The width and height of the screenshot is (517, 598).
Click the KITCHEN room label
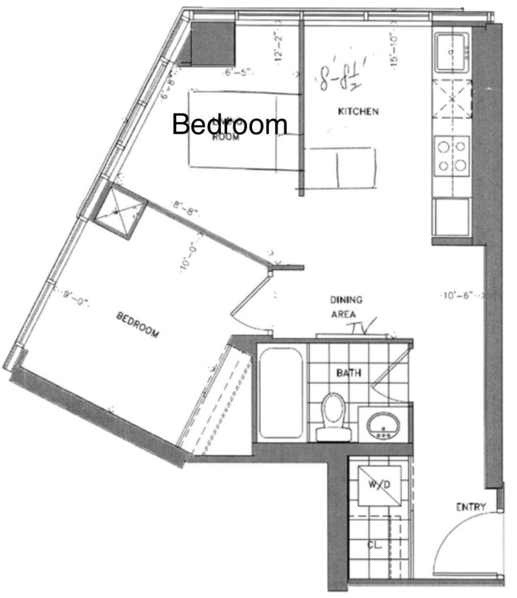pos(359,111)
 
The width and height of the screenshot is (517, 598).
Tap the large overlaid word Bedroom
pos(230,124)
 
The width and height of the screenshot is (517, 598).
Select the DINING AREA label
pos(347,306)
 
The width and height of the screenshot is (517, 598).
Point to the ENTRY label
pos(471,507)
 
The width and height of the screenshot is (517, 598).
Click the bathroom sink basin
pos(383,424)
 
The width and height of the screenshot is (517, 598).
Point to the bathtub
pos(281,392)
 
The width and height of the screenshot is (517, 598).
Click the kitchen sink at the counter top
pos(451,51)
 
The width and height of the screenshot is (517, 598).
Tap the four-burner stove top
pos(452,155)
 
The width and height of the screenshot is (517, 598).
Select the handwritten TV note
pos(364,321)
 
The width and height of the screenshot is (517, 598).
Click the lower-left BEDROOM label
pos(138,325)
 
